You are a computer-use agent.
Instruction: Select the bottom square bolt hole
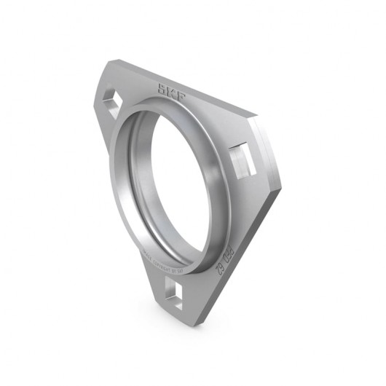[x=173, y=294]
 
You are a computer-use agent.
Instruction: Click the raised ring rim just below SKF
[x=175, y=109]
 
